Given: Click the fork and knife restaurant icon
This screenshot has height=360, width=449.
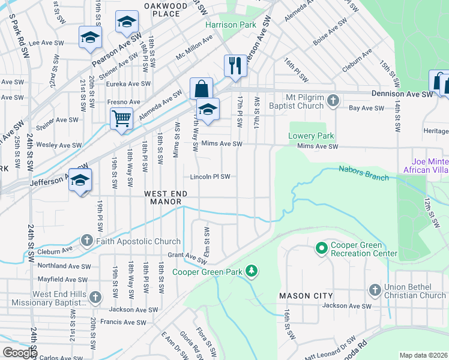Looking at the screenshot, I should (235, 65).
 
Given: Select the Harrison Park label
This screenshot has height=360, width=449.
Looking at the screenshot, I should (231, 25).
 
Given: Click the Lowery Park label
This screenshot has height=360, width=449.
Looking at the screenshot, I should (310, 136).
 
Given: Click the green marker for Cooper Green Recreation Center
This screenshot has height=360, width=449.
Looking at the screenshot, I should (321, 247).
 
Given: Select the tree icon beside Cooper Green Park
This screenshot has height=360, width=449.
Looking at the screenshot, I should (252, 272).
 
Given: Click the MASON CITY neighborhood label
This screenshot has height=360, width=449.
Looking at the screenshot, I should (306, 296).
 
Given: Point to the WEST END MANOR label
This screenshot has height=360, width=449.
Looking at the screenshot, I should (163, 197).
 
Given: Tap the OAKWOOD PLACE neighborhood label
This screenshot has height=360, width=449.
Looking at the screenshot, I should (162, 10).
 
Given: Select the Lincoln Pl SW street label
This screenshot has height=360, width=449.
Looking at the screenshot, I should (210, 177).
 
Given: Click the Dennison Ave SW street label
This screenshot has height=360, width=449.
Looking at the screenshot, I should (402, 95).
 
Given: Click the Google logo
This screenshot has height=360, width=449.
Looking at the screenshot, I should (19, 353).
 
